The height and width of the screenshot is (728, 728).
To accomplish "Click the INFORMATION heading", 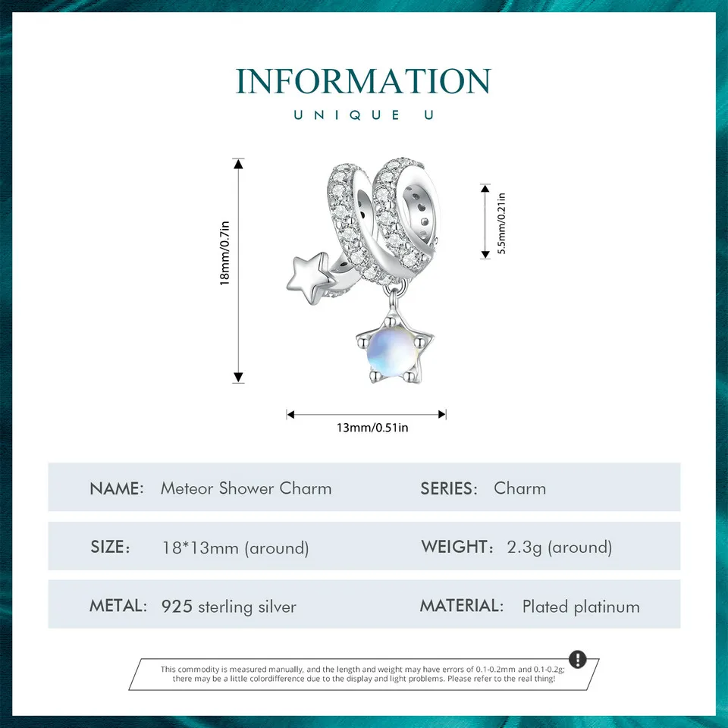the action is tap(363, 81).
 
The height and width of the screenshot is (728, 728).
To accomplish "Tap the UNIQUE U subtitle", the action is tap(363, 115).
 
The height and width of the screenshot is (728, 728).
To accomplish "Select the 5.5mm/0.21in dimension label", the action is tap(502, 225).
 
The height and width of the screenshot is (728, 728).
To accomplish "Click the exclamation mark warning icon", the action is tap(577, 659).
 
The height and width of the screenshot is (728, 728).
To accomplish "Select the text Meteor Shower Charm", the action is tap(246, 488).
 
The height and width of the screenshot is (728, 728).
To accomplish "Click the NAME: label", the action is tap(117, 488).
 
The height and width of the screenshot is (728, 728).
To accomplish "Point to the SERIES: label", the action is tap(449, 488).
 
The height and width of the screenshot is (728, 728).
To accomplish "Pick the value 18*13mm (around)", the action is tap(235, 548).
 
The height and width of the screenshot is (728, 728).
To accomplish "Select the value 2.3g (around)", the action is tap(560, 548).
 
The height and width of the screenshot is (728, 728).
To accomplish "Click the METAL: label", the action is tap(118, 606).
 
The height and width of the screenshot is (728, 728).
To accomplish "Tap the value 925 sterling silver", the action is tap(229, 607).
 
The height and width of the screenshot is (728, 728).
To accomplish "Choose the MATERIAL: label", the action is tap(462, 606).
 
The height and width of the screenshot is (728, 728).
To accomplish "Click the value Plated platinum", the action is tap(581, 607).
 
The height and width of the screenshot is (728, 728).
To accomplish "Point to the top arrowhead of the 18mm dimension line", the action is tap(239, 163).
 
